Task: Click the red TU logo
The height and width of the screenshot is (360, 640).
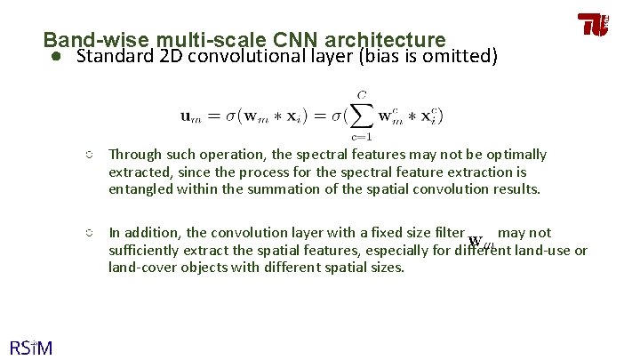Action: [x=594, y=25]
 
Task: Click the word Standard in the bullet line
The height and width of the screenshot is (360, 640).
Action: [x=110, y=58]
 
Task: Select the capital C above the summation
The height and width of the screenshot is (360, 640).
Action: [x=361, y=95]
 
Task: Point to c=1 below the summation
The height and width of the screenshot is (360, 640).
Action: [x=361, y=136]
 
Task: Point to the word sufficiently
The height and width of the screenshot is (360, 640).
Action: [x=145, y=250]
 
